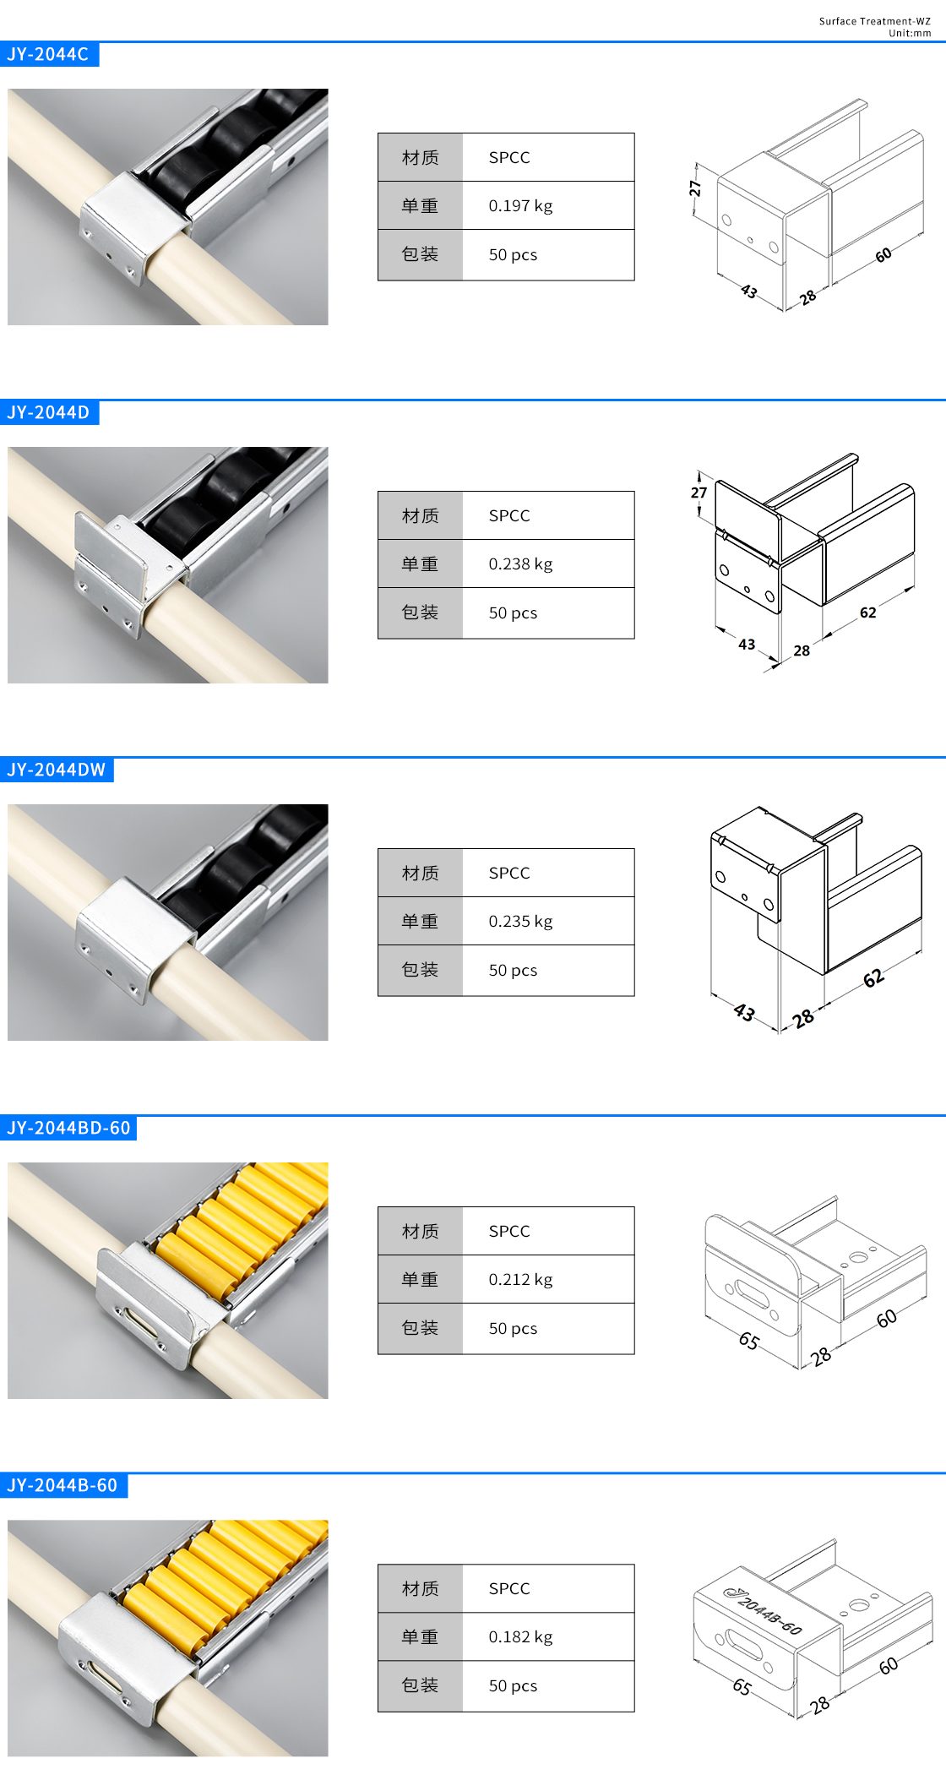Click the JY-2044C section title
click(48, 54)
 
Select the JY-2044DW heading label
click(57, 770)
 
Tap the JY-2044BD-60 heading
click(68, 1128)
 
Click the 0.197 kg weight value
click(520, 205)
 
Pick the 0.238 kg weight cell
click(520, 563)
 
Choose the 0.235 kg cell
click(520, 921)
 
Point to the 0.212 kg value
click(520, 1279)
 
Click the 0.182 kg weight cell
click(520, 1636)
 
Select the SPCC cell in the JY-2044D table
click(509, 515)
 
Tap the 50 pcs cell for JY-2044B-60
click(513, 1685)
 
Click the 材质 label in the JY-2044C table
click(421, 157)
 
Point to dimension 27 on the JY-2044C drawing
click(695, 188)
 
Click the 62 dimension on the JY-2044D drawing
click(868, 612)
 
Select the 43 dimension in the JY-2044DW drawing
click(744, 1012)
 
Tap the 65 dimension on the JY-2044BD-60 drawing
click(748, 1341)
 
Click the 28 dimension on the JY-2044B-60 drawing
click(819, 1705)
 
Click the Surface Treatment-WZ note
click(874, 21)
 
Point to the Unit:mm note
click(910, 33)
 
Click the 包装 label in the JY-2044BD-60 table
click(421, 1328)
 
